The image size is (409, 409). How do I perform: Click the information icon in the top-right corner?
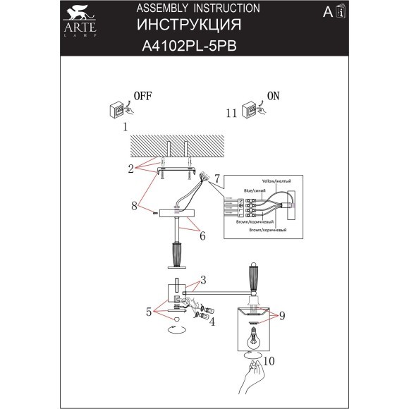coord(341,13)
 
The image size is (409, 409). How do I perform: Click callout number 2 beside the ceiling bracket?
coord(130,169)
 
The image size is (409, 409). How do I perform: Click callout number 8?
coord(133,206)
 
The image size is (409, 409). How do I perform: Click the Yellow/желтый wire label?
coord(276,181)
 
